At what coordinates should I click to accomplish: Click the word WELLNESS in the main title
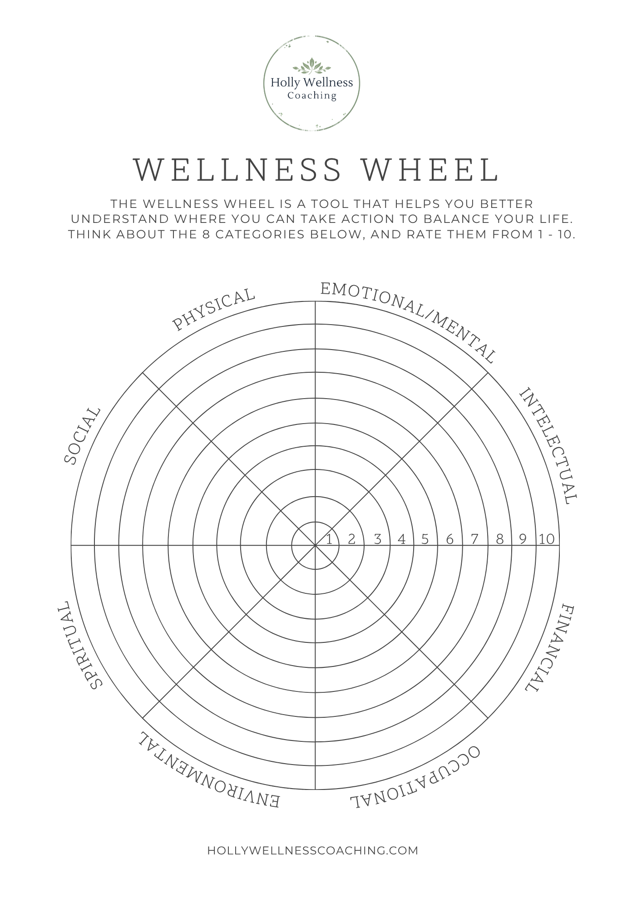coord(237,169)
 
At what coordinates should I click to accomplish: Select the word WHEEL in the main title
coord(432,169)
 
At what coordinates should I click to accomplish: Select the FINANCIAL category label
coord(550,649)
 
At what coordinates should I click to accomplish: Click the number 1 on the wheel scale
coord(330,539)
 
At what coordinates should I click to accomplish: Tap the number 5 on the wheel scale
coord(425,539)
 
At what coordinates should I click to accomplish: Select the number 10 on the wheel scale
coord(547,539)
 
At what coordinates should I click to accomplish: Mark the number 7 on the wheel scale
coord(474,539)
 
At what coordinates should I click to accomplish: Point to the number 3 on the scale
coord(377,539)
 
